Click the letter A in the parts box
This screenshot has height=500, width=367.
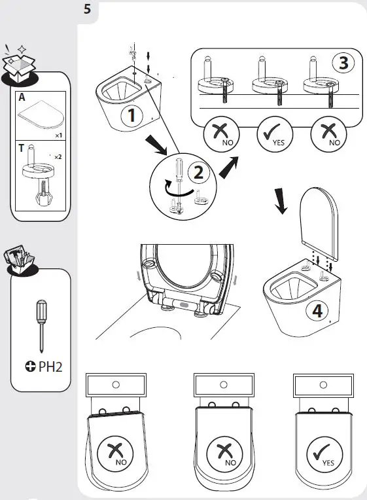(22, 98)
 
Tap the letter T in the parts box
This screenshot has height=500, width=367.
(22, 148)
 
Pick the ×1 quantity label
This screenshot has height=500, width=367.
(58, 135)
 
